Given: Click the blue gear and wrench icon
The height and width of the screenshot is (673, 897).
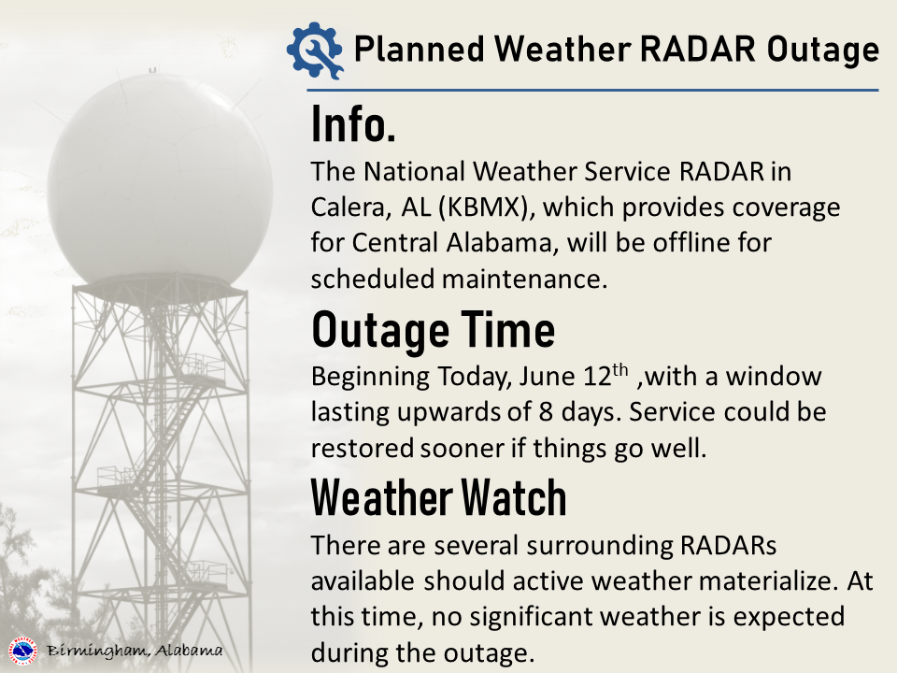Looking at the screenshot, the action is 315,50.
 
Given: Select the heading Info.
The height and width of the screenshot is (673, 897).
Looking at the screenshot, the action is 353,123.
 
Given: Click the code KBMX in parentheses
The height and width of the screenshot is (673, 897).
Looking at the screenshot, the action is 483,208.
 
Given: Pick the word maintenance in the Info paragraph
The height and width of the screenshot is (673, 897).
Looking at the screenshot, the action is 524,279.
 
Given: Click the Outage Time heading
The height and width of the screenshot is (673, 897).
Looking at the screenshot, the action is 433,330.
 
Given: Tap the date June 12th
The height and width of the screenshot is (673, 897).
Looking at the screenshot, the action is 574,376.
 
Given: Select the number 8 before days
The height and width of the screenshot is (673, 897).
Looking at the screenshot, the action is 546,412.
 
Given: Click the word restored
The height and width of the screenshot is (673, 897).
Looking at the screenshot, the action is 363,448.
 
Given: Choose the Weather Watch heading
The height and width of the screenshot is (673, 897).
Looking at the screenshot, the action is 439,498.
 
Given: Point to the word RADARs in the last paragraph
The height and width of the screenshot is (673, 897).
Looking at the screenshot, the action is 728,545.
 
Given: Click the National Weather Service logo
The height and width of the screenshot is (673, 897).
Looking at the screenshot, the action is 22,652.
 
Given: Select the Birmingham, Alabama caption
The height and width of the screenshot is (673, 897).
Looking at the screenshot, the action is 135,651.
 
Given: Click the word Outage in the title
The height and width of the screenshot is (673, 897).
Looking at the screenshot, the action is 822,50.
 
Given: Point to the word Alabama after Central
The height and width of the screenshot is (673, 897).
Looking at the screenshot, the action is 499,243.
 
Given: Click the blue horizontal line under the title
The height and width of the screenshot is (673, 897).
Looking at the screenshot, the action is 592,90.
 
